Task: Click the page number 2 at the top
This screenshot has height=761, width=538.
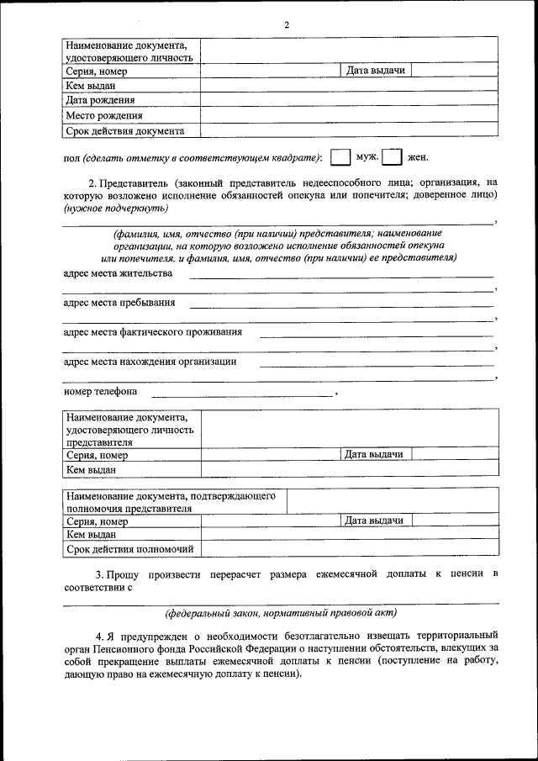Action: click(x=287, y=25)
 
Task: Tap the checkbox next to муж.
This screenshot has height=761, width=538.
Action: click(x=340, y=157)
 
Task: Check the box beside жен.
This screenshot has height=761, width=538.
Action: click(x=391, y=157)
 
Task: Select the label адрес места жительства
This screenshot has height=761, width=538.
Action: click(x=118, y=273)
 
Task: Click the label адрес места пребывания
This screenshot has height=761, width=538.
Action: click(x=119, y=303)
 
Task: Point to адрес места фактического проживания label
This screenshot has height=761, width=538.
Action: click(x=152, y=332)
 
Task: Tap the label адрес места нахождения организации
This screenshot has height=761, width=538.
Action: click(x=150, y=362)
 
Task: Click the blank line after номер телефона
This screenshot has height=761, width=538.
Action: click(x=242, y=393)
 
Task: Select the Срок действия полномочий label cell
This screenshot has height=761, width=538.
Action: click(x=130, y=550)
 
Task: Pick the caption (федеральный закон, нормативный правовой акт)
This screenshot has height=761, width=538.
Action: click(x=281, y=613)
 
